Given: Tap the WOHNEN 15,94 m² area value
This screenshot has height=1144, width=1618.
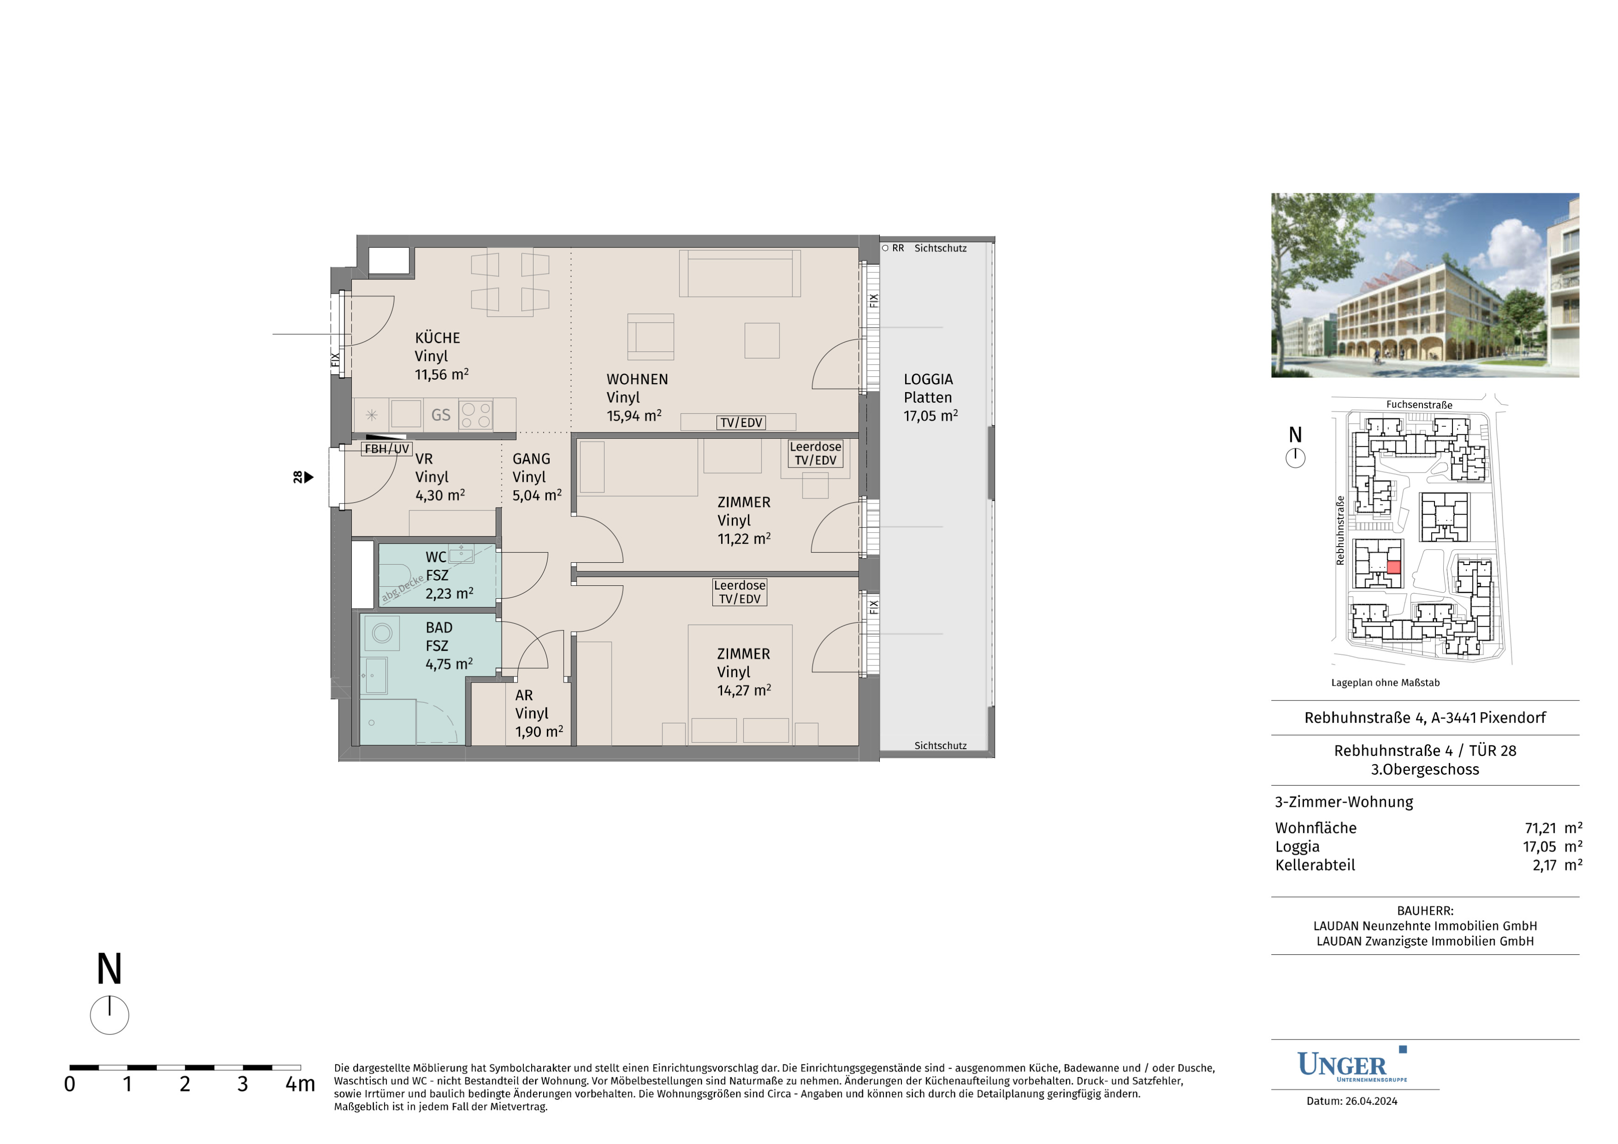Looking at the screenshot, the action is click(x=634, y=416).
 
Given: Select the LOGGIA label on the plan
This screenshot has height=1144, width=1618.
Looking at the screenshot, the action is click(x=928, y=379).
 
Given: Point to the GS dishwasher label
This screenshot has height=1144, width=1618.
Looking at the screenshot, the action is click(x=441, y=415).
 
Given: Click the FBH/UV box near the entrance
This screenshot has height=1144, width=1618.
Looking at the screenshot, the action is click(x=386, y=448).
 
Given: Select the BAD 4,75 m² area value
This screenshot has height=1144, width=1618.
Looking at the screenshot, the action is click(x=449, y=664).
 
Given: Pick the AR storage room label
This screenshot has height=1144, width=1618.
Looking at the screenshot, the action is click(x=524, y=695).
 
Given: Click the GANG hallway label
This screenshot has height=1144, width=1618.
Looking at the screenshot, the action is click(x=531, y=459).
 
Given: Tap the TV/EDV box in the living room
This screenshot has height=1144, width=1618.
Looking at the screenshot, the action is click(x=741, y=422).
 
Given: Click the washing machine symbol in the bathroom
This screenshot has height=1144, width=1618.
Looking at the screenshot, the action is click(x=382, y=633).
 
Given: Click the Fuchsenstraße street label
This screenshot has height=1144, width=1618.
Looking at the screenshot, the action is click(x=1419, y=405).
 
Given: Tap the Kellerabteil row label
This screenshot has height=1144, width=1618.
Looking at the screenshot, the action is click(x=1315, y=865).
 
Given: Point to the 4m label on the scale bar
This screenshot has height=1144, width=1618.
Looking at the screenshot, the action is click(x=300, y=1084).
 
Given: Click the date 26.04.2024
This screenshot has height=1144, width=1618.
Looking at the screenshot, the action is click(x=1371, y=1101).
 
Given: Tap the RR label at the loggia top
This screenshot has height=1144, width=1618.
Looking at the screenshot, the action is click(x=898, y=248).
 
